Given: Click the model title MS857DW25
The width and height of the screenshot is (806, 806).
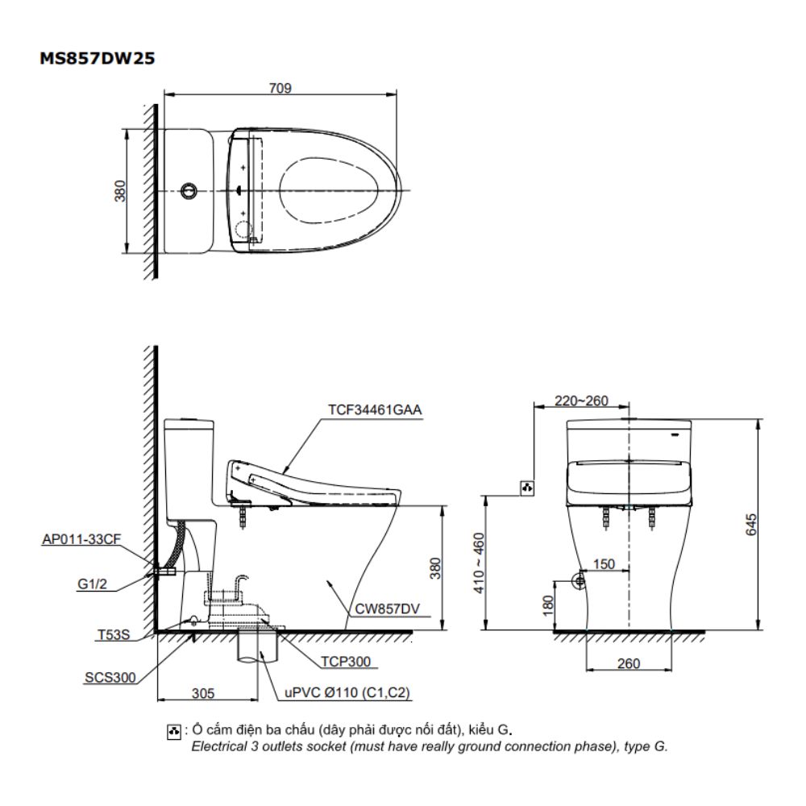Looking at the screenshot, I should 98,59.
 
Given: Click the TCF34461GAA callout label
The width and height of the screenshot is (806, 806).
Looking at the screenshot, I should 374,409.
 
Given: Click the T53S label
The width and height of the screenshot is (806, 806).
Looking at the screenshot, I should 112,635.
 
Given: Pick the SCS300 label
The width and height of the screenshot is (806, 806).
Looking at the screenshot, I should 110,677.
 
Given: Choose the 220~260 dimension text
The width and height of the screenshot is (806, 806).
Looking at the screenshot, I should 582,401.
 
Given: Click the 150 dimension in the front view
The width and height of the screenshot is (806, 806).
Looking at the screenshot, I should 604,564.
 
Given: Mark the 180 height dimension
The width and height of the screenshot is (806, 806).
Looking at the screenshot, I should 548,604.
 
